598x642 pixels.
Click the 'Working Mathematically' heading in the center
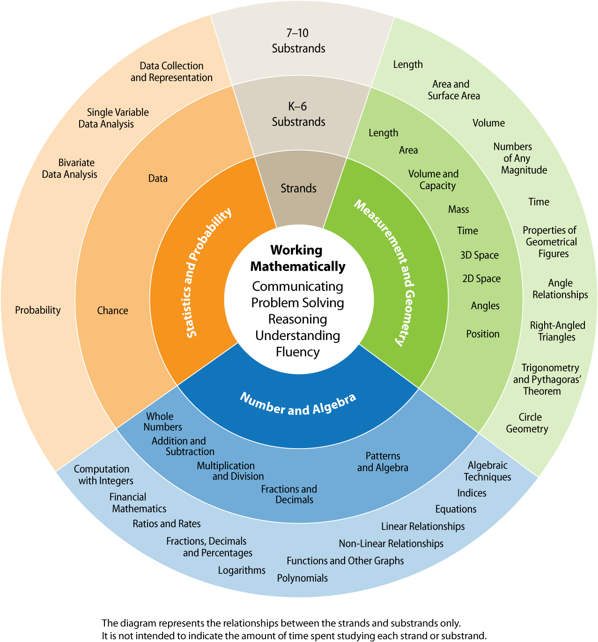click(x=297, y=258)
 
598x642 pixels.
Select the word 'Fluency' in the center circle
click(x=297, y=352)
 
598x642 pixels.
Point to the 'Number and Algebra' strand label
click(x=298, y=405)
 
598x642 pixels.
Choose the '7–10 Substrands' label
click(x=298, y=40)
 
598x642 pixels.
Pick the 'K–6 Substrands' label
click(x=298, y=114)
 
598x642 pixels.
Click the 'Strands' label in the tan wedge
click(x=298, y=188)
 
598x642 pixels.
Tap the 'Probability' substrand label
click(x=38, y=310)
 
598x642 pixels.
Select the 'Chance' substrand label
click(x=112, y=310)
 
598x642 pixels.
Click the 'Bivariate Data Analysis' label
click(x=69, y=169)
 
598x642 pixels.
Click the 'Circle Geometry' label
click(x=527, y=423)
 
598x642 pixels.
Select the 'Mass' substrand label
click(x=458, y=209)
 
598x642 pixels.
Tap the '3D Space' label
click(x=480, y=255)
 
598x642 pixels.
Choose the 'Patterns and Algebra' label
click(x=383, y=462)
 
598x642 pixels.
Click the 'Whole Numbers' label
click(x=162, y=421)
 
